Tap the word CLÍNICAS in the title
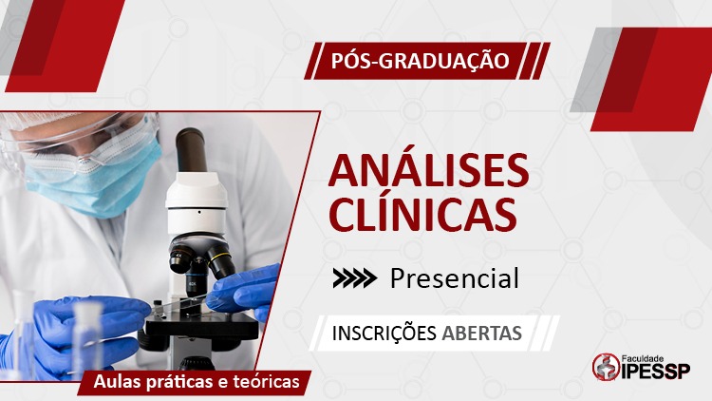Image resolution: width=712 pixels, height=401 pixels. (x=422, y=212)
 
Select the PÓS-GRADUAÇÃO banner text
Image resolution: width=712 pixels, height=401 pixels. (x=420, y=61)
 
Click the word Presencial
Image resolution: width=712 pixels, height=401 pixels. (x=455, y=278)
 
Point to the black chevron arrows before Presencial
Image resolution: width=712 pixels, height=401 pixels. (x=355, y=278)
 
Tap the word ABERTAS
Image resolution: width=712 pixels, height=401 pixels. (x=481, y=334)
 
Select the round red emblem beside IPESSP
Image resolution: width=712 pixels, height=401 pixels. (x=607, y=367)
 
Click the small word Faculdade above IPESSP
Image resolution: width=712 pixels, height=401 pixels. (x=643, y=359)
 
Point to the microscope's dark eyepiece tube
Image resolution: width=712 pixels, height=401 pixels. (x=191, y=150)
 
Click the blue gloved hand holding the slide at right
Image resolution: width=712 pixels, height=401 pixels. (x=244, y=292)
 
